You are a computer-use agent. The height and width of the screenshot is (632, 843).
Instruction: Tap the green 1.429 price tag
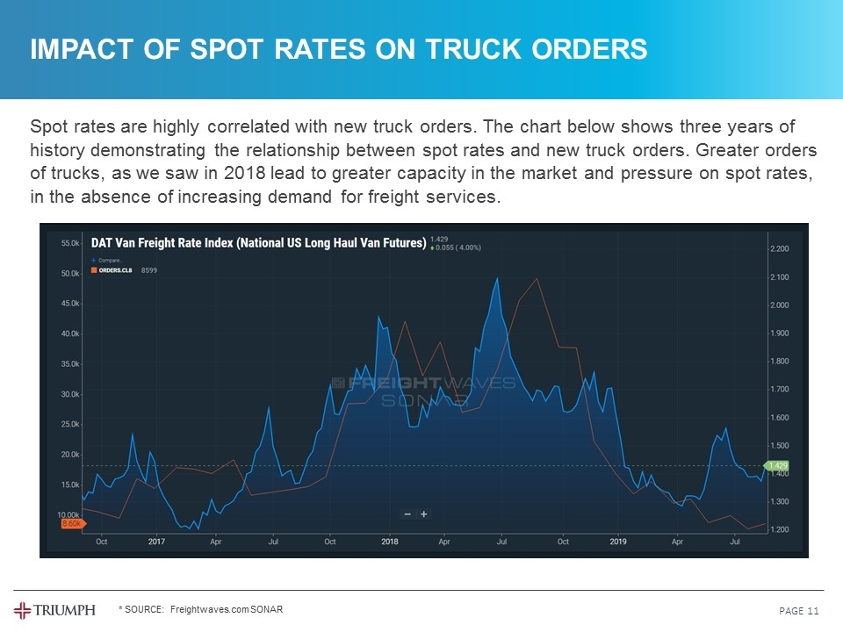(778, 465)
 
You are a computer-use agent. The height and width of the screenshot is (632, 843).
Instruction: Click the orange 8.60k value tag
(71, 523)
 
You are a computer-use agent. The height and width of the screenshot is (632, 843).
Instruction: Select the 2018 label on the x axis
(390, 542)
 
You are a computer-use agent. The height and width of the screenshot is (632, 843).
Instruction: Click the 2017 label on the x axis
(156, 542)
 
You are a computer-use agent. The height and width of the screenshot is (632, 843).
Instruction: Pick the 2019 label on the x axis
(619, 542)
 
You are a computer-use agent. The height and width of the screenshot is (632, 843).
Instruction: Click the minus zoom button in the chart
(407, 514)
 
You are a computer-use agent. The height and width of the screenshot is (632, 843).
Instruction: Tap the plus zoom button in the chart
(424, 514)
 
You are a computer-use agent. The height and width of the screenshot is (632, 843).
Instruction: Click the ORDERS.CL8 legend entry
(115, 271)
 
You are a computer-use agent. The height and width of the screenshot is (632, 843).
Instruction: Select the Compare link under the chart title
(109, 261)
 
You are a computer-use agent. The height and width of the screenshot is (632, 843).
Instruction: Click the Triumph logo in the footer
(54, 610)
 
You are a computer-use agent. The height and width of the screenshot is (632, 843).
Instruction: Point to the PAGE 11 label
(799, 610)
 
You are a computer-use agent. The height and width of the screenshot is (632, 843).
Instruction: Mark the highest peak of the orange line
(536, 278)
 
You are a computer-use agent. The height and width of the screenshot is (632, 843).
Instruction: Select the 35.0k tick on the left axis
(69, 363)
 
